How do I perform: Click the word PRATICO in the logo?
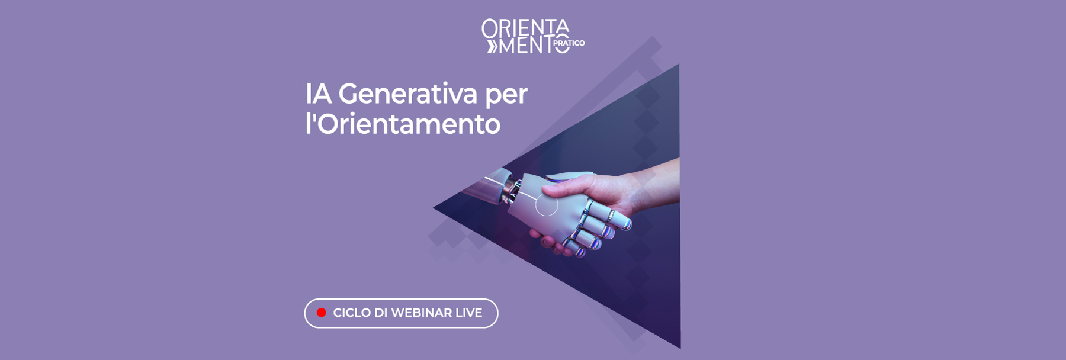(569, 43)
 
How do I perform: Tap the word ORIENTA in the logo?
(525, 28)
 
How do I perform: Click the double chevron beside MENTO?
(492, 46)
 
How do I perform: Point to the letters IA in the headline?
(318, 94)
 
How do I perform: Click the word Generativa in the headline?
(407, 94)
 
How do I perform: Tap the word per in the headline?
(506, 95)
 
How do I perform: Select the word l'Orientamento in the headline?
(403, 124)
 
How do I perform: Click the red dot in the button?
(322, 313)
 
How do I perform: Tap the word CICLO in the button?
(352, 313)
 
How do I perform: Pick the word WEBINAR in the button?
(421, 313)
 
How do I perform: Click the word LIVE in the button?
(468, 313)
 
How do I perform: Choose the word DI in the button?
(381, 313)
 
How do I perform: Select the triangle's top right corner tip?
(679, 65)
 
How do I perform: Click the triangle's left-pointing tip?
(434, 208)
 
